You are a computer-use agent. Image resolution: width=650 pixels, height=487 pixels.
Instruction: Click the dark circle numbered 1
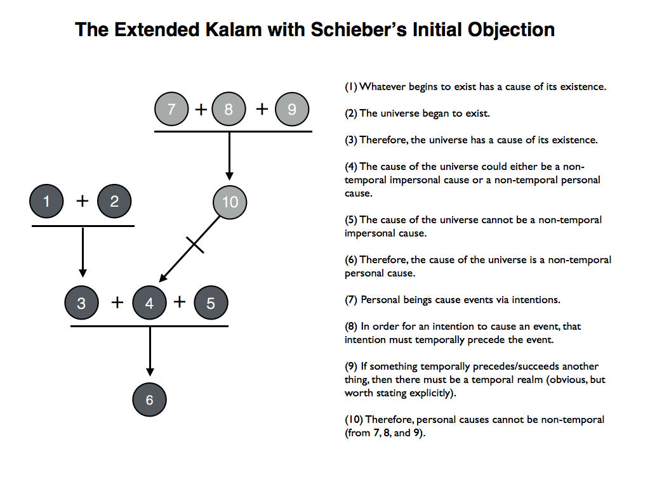pos(46,201)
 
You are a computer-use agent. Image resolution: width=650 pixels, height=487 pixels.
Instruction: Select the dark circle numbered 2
pos(114,201)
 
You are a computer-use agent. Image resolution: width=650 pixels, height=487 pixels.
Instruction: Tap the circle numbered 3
pos(81,302)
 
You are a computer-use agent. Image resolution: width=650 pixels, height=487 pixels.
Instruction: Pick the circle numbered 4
pos(149,302)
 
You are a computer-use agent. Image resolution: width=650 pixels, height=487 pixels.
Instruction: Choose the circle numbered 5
pos(211,302)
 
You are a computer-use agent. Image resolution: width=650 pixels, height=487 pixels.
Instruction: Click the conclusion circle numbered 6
pos(149,399)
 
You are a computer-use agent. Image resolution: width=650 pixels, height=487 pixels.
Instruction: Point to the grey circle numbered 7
pos(171,109)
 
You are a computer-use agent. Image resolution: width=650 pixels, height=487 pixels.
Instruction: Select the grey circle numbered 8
pos(229,109)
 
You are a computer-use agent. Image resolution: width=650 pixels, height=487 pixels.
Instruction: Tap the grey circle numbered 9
pos(292,109)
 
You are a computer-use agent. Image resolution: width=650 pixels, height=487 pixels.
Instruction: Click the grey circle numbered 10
pos(230,202)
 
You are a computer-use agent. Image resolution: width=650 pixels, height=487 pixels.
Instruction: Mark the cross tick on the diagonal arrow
pos(195,245)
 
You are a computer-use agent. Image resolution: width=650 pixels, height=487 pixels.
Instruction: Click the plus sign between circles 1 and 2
pos(83,201)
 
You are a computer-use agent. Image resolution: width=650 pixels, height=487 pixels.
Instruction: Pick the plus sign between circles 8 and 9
pos(262,109)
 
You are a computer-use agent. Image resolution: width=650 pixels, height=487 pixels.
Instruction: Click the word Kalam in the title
pos(234,30)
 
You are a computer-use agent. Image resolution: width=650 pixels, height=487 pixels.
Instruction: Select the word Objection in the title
pos(511,30)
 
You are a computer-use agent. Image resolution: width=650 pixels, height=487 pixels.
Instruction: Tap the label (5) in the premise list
pos(351,220)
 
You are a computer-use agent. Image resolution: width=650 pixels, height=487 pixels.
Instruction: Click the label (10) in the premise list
pos(354,420)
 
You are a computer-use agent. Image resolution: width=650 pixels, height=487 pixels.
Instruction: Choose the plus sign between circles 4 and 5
pos(180,302)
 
